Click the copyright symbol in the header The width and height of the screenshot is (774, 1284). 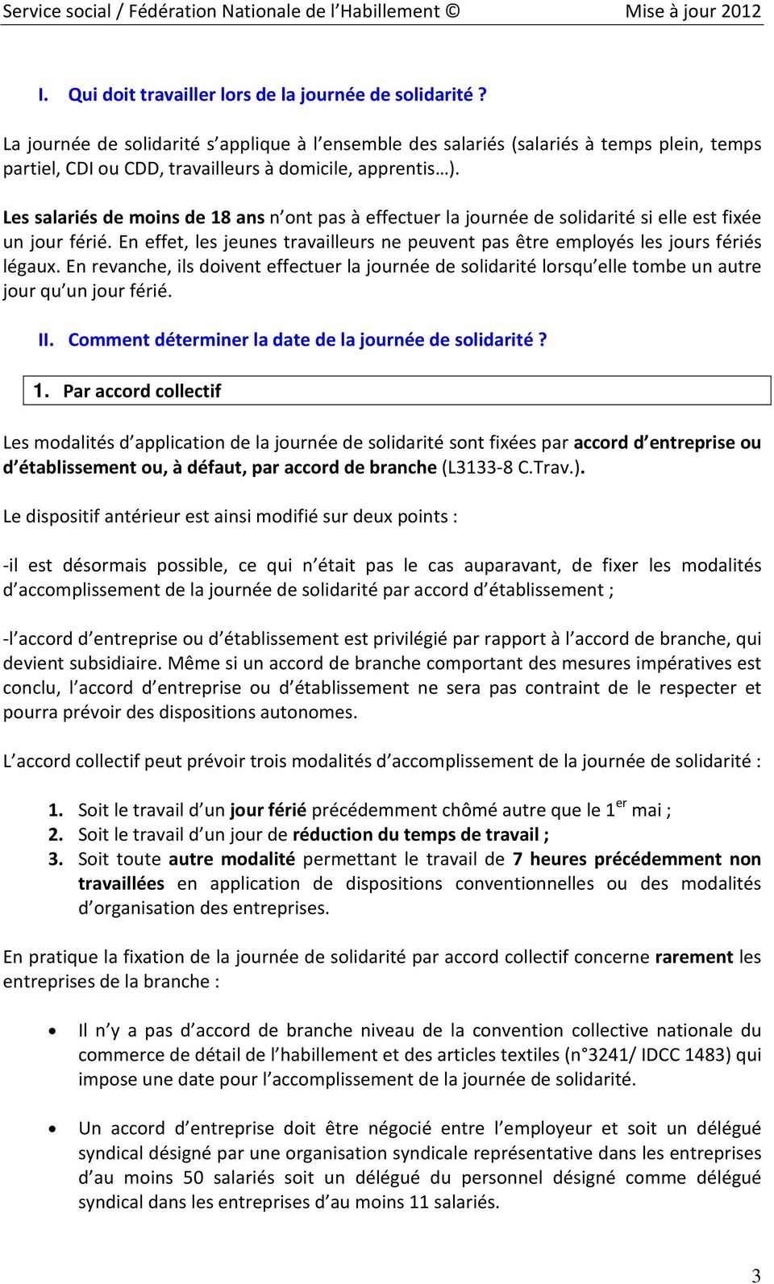coord(453,11)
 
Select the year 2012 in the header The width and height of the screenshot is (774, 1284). coord(742,11)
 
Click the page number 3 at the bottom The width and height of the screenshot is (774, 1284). coord(755,1275)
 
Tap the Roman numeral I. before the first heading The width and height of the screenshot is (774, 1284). coord(44,94)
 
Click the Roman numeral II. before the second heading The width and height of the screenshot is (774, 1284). coord(46,339)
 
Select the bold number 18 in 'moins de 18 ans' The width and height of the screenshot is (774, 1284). coord(221,218)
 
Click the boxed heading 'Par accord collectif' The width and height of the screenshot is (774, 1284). coord(142,391)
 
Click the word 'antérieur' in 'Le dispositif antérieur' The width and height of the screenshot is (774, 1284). coord(143,517)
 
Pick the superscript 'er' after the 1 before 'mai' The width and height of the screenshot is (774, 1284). coord(621,804)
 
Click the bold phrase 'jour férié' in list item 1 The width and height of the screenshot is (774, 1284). coord(268,810)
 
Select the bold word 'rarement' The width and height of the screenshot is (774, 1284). coord(694,957)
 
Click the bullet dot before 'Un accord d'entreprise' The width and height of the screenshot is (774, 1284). coord(53,1129)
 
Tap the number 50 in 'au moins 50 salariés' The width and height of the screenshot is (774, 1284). coord(193,1178)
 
